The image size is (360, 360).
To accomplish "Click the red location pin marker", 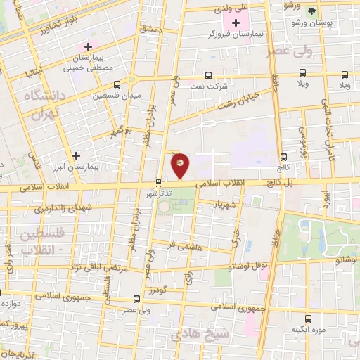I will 180,165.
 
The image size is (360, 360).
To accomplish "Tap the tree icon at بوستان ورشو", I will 312,12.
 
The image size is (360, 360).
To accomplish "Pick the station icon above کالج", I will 284,157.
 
